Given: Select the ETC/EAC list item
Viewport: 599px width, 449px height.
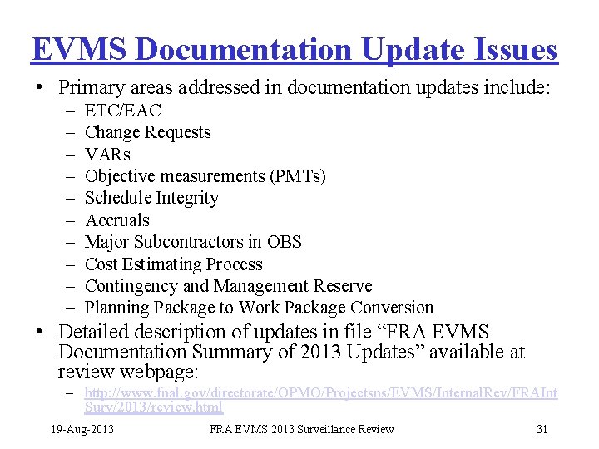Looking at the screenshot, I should (123, 111).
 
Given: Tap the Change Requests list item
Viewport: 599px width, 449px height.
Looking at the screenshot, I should (148, 132).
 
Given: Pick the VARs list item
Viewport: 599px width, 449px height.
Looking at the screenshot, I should (108, 155).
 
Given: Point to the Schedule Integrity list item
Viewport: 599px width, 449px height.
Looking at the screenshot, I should (152, 198).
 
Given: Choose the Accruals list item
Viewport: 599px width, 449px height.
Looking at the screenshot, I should (117, 220).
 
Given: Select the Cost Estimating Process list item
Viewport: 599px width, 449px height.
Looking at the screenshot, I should (174, 264).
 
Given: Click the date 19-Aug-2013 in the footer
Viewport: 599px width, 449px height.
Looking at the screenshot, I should (82, 429).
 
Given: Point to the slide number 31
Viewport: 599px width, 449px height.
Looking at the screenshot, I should (542, 429).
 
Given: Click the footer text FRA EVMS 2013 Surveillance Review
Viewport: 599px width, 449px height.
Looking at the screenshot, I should (302, 429).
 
